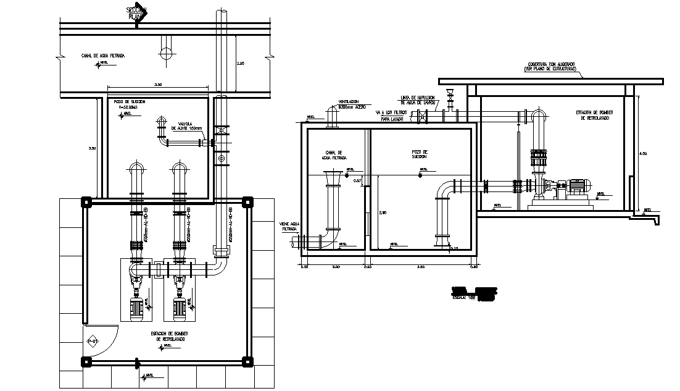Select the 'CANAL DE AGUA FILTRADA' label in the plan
click(103, 56)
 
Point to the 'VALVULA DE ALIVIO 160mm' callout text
click(187, 126)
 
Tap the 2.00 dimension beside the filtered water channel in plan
click(241, 64)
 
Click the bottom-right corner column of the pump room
click(247, 361)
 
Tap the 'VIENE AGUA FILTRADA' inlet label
click(289, 226)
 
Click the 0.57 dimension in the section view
click(357, 180)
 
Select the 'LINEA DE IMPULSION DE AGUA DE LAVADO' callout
click(418, 99)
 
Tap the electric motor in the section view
click(578, 185)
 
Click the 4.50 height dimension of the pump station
click(643, 153)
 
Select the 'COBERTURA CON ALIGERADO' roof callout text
click(550, 67)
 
